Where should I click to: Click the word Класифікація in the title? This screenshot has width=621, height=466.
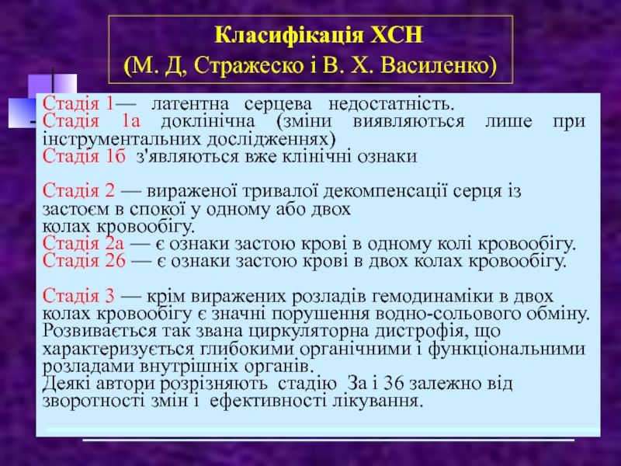point(289,36)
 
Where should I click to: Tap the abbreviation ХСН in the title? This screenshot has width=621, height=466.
point(397,35)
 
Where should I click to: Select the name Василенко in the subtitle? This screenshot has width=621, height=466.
point(439,66)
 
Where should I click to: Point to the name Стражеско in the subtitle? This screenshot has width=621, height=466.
point(247,66)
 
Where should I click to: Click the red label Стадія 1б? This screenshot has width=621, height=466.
point(84,156)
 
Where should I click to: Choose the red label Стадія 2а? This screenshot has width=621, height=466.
point(83,243)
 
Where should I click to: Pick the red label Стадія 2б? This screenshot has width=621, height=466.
point(84,261)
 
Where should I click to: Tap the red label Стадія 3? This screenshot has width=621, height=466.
point(78,296)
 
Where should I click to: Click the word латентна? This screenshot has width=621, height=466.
point(190,104)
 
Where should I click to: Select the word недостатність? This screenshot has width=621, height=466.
point(391,104)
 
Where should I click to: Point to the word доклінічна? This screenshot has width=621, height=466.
point(208,121)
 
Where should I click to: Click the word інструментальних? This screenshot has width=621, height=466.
point(123,139)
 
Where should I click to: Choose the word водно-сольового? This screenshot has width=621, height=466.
point(448,314)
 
